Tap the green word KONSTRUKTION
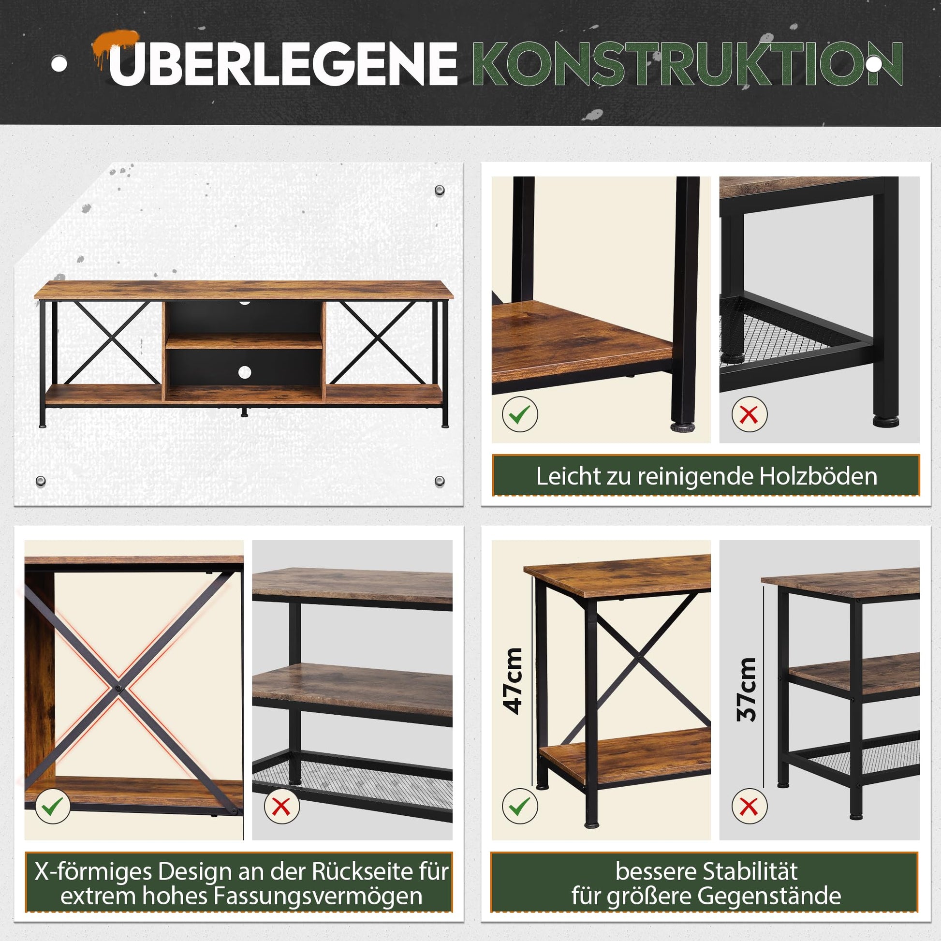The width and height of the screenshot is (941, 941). coord(687,64)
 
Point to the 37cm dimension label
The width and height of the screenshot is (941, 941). coord(746,690)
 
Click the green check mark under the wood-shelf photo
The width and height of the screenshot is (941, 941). coord(520,414)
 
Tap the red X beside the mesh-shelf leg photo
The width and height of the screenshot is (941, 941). coord(749,414)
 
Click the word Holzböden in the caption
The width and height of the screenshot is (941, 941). coord(818,476)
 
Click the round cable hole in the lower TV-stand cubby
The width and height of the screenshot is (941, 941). coord(245,373)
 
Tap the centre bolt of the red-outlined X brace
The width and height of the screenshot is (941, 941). coord(118,688)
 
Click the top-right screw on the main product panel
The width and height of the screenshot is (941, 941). coord(440,190)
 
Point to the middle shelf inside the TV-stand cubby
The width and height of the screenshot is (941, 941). coord(244,341)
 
